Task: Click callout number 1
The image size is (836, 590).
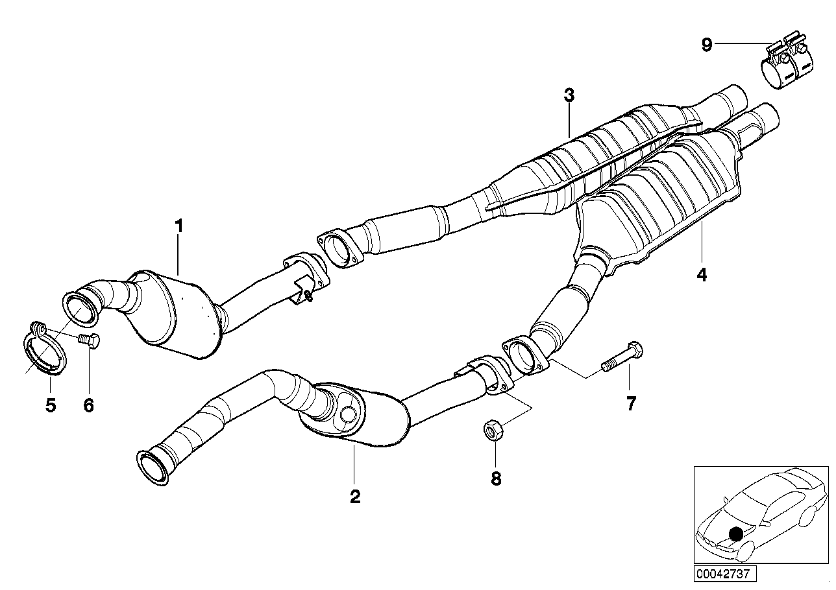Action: (178, 226)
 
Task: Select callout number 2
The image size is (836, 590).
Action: (355, 497)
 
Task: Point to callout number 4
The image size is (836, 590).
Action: (701, 275)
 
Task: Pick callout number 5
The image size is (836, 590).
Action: (51, 406)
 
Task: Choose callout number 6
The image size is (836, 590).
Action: (89, 406)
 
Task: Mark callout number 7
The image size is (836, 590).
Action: (630, 403)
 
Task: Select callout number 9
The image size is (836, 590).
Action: (707, 45)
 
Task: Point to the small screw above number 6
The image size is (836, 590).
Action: (90, 340)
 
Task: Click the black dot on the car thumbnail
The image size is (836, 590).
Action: (735, 534)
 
